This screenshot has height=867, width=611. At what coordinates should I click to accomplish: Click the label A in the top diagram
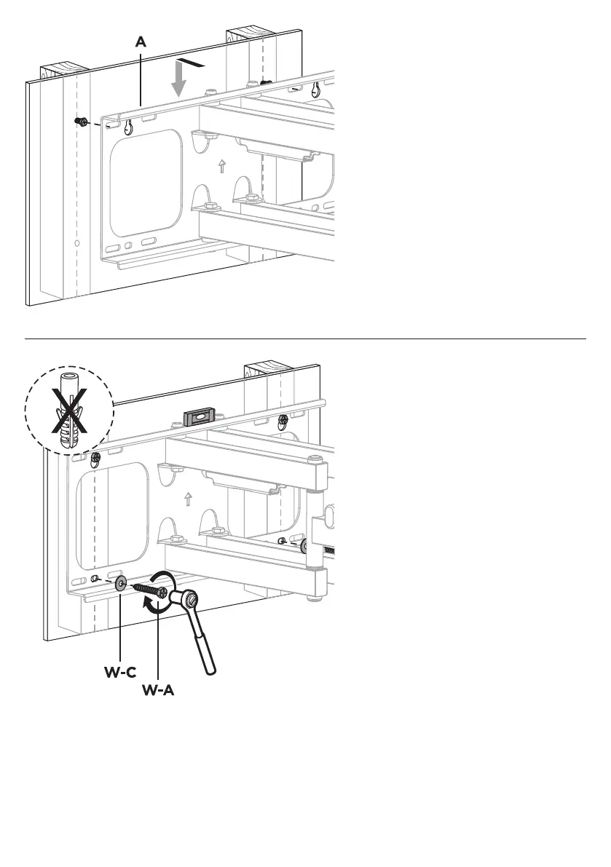(x=141, y=43)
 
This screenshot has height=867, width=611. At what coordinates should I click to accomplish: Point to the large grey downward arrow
(x=178, y=81)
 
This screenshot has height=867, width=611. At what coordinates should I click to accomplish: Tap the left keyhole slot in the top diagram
(x=127, y=128)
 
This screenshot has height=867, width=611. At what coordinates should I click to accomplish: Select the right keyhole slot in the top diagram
(x=316, y=90)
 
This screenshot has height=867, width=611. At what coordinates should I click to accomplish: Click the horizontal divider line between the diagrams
(x=306, y=339)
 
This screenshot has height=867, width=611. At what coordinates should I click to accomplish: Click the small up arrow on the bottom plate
(x=188, y=499)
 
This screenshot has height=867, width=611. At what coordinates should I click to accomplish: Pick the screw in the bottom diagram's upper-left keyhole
(x=95, y=459)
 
